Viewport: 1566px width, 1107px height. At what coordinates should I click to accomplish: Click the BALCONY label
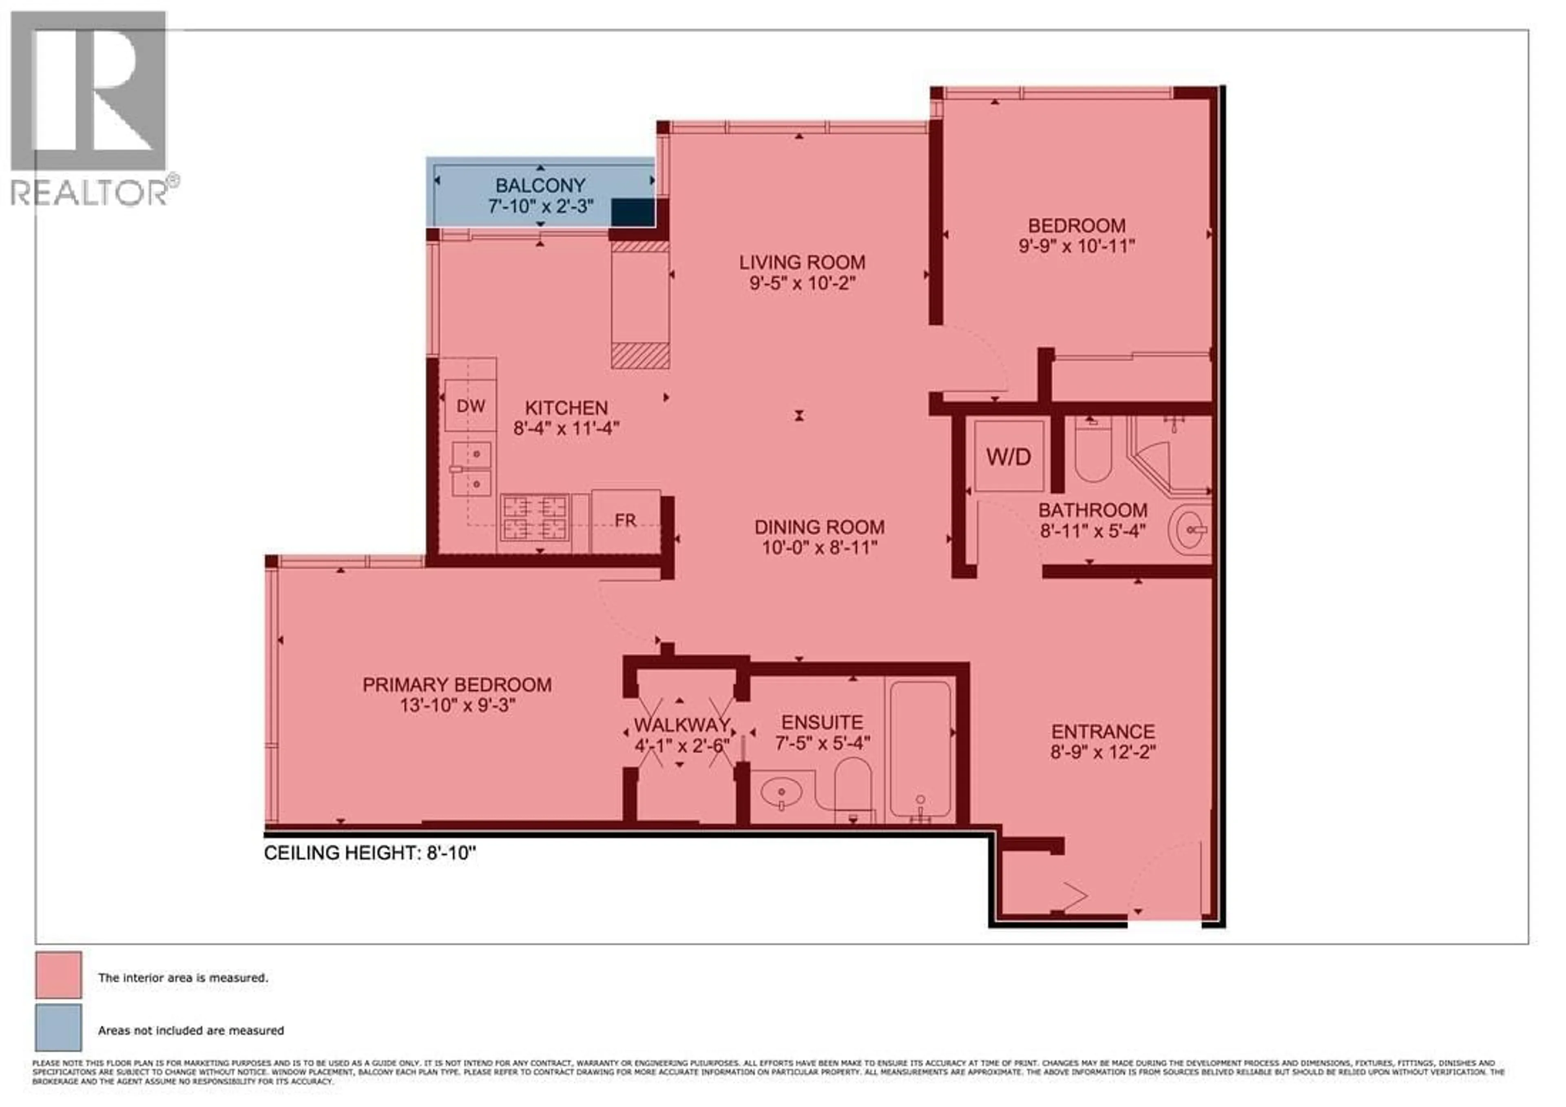[540, 185]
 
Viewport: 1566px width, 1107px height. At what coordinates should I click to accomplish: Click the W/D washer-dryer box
[1009, 456]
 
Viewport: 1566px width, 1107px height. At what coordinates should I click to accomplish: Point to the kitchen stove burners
[535, 517]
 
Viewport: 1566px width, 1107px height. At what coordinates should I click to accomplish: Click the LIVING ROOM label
[802, 262]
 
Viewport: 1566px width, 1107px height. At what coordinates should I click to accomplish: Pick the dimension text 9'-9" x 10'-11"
[1076, 246]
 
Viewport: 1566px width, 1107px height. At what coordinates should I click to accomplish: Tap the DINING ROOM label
[819, 527]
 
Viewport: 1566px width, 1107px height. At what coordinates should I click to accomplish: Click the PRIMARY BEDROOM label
[457, 685]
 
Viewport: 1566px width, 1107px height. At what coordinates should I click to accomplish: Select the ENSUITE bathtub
[920, 751]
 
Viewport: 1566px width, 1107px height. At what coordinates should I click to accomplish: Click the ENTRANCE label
[1103, 731]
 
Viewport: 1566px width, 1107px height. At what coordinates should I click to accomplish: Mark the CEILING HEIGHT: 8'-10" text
[369, 853]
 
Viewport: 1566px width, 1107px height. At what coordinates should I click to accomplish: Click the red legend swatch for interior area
[59, 975]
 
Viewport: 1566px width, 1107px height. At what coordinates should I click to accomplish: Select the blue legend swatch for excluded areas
[59, 1027]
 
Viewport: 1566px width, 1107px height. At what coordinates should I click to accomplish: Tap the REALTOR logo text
[88, 193]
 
